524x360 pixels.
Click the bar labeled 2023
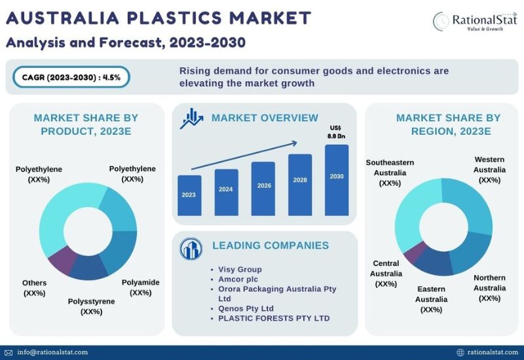pyautogui.click(x=189, y=195)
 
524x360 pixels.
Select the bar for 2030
pyautogui.click(x=337, y=180)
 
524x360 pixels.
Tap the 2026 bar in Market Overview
pyautogui.click(x=263, y=189)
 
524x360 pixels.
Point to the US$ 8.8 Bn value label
pyautogui.click(x=336, y=132)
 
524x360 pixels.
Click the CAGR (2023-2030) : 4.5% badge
pyautogui.click(x=71, y=77)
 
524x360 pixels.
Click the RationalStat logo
pyautogui.click(x=475, y=22)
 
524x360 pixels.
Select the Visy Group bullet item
pyautogui.click(x=240, y=269)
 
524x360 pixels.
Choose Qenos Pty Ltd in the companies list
pyautogui.click(x=246, y=308)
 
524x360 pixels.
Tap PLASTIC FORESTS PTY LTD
pyautogui.click(x=274, y=318)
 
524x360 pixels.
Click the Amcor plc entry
pyautogui.click(x=238, y=279)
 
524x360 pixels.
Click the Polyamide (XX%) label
pyautogui.click(x=140, y=287)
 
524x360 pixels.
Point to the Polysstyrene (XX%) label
pyautogui.click(x=91, y=306)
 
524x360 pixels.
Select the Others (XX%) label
pyautogui.click(x=34, y=288)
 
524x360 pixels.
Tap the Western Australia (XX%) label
pyautogui.click(x=489, y=170)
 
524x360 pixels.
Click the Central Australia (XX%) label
pyautogui.click(x=386, y=274)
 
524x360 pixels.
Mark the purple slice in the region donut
pyautogui.click(x=415, y=252)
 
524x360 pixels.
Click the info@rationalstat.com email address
pyautogui.click(x=52, y=352)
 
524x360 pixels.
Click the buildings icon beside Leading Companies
pyautogui.click(x=191, y=249)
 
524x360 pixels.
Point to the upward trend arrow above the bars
pyautogui.click(x=244, y=156)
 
